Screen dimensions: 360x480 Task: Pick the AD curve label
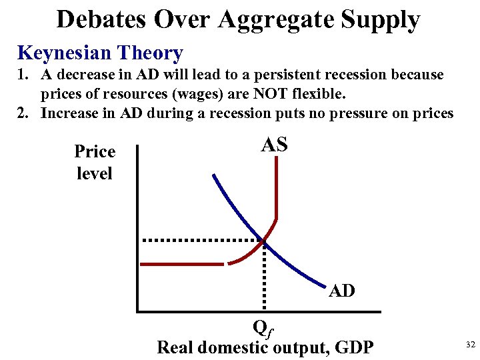(x=342, y=291)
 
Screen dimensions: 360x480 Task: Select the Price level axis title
(x=95, y=162)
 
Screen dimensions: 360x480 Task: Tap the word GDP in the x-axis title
(x=355, y=347)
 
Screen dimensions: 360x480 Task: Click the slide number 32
(x=470, y=344)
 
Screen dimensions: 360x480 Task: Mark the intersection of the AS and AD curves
(x=265, y=240)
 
